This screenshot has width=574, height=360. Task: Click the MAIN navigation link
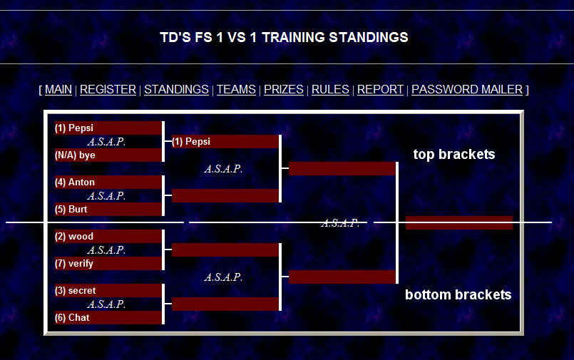click(x=58, y=90)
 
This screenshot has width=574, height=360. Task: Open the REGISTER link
click(x=108, y=90)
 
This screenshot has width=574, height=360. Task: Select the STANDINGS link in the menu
click(x=176, y=90)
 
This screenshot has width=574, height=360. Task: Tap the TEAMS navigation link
click(x=236, y=90)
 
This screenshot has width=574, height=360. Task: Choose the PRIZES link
click(x=284, y=90)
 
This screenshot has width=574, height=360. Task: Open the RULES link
click(x=330, y=90)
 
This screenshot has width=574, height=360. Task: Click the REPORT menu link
click(x=380, y=90)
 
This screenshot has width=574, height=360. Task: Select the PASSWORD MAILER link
click(x=467, y=90)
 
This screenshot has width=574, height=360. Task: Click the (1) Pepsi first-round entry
click(x=108, y=128)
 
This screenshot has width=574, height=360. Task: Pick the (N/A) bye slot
click(x=108, y=155)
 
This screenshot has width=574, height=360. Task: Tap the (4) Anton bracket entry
click(x=108, y=182)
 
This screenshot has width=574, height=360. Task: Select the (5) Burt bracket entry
click(x=108, y=210)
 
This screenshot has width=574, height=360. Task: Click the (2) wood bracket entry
click(x=108, y=237)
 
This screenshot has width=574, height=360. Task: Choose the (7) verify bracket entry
click(x=108, y=264)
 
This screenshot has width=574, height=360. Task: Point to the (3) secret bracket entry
click(x=108, y=291)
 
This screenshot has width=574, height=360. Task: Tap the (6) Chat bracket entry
click(x=108, y=318)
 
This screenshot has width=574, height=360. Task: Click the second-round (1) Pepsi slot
click(x=225, y=142)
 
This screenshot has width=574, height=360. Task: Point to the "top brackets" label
click(x=453, y=155)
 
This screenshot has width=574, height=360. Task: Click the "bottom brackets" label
click(x=458, y=294)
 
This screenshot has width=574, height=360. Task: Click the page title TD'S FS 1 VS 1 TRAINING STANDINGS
click(x=284, y=37)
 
